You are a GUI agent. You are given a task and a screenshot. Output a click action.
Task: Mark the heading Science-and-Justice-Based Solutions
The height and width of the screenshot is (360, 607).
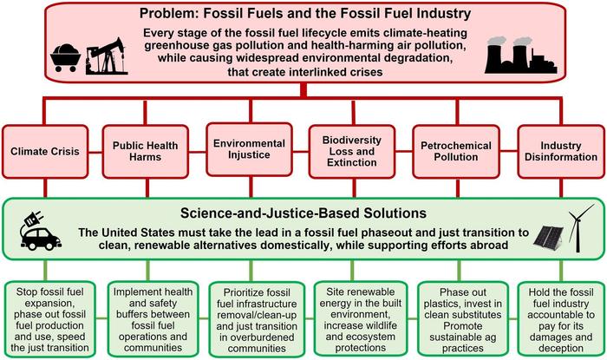[303, 212]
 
